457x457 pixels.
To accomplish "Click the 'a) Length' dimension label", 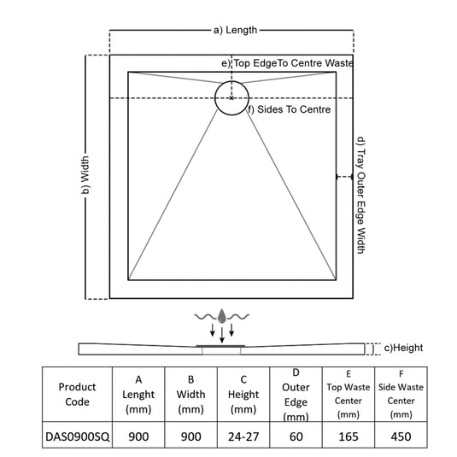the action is click(x=235, y=30).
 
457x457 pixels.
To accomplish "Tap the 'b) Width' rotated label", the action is click(x=85, y=175).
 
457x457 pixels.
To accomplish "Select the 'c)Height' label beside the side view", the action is click(x=403, y=348).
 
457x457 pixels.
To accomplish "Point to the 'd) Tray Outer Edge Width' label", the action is click(x=361, y=196).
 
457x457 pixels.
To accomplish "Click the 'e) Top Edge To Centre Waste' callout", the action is click(x=287, y=63).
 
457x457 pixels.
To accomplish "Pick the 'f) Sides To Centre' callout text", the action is click(x=289, y=109).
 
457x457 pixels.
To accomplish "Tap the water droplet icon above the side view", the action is click(x=222, y=316).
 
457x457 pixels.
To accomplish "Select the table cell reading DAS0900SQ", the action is click(x=77, y=436).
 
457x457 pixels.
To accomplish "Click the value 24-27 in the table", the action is click(x=243, y=436).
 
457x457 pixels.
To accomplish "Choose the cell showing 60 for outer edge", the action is click(x=296, y=436).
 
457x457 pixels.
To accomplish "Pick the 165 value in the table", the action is click(x=349, y=436).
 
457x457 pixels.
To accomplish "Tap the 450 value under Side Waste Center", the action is click(x=401, y=436).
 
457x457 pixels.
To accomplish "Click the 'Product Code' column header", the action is click(x=77, y=395).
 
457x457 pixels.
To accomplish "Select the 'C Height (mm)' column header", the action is click(x=243, y=395).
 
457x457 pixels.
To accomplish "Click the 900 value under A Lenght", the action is click(x=138, y=436).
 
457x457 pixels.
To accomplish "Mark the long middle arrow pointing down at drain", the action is click(x=222, y=335).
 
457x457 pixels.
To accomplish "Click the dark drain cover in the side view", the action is click(x=220, y=346).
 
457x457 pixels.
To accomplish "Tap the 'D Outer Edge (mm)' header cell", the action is click(x=296, y=395).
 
